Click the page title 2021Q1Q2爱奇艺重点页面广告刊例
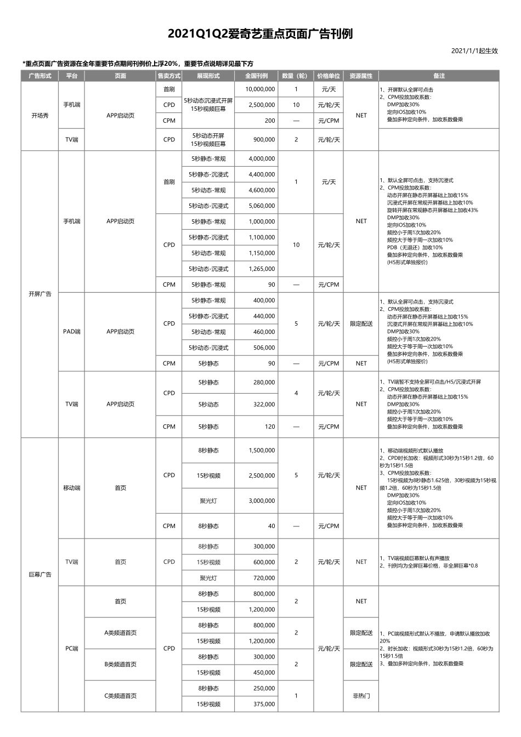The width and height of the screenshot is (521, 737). pos(260,34)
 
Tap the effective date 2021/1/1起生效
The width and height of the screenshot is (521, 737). pos(474,51)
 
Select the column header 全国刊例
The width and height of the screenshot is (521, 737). pos(256,76)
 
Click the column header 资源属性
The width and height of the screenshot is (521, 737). pos(361,76)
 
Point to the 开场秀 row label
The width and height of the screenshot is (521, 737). pos(39,116)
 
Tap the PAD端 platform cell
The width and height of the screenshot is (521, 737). pos(71,332)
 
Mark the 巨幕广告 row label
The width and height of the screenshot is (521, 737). pos(39,575)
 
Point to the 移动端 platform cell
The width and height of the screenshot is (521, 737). pos(71,488)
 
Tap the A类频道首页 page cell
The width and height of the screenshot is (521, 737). pos(120,633)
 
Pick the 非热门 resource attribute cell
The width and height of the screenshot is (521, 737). pos(361,696)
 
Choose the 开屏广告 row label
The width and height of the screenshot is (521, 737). pos(39,294)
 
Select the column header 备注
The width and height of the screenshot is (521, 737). pos(439,76)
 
